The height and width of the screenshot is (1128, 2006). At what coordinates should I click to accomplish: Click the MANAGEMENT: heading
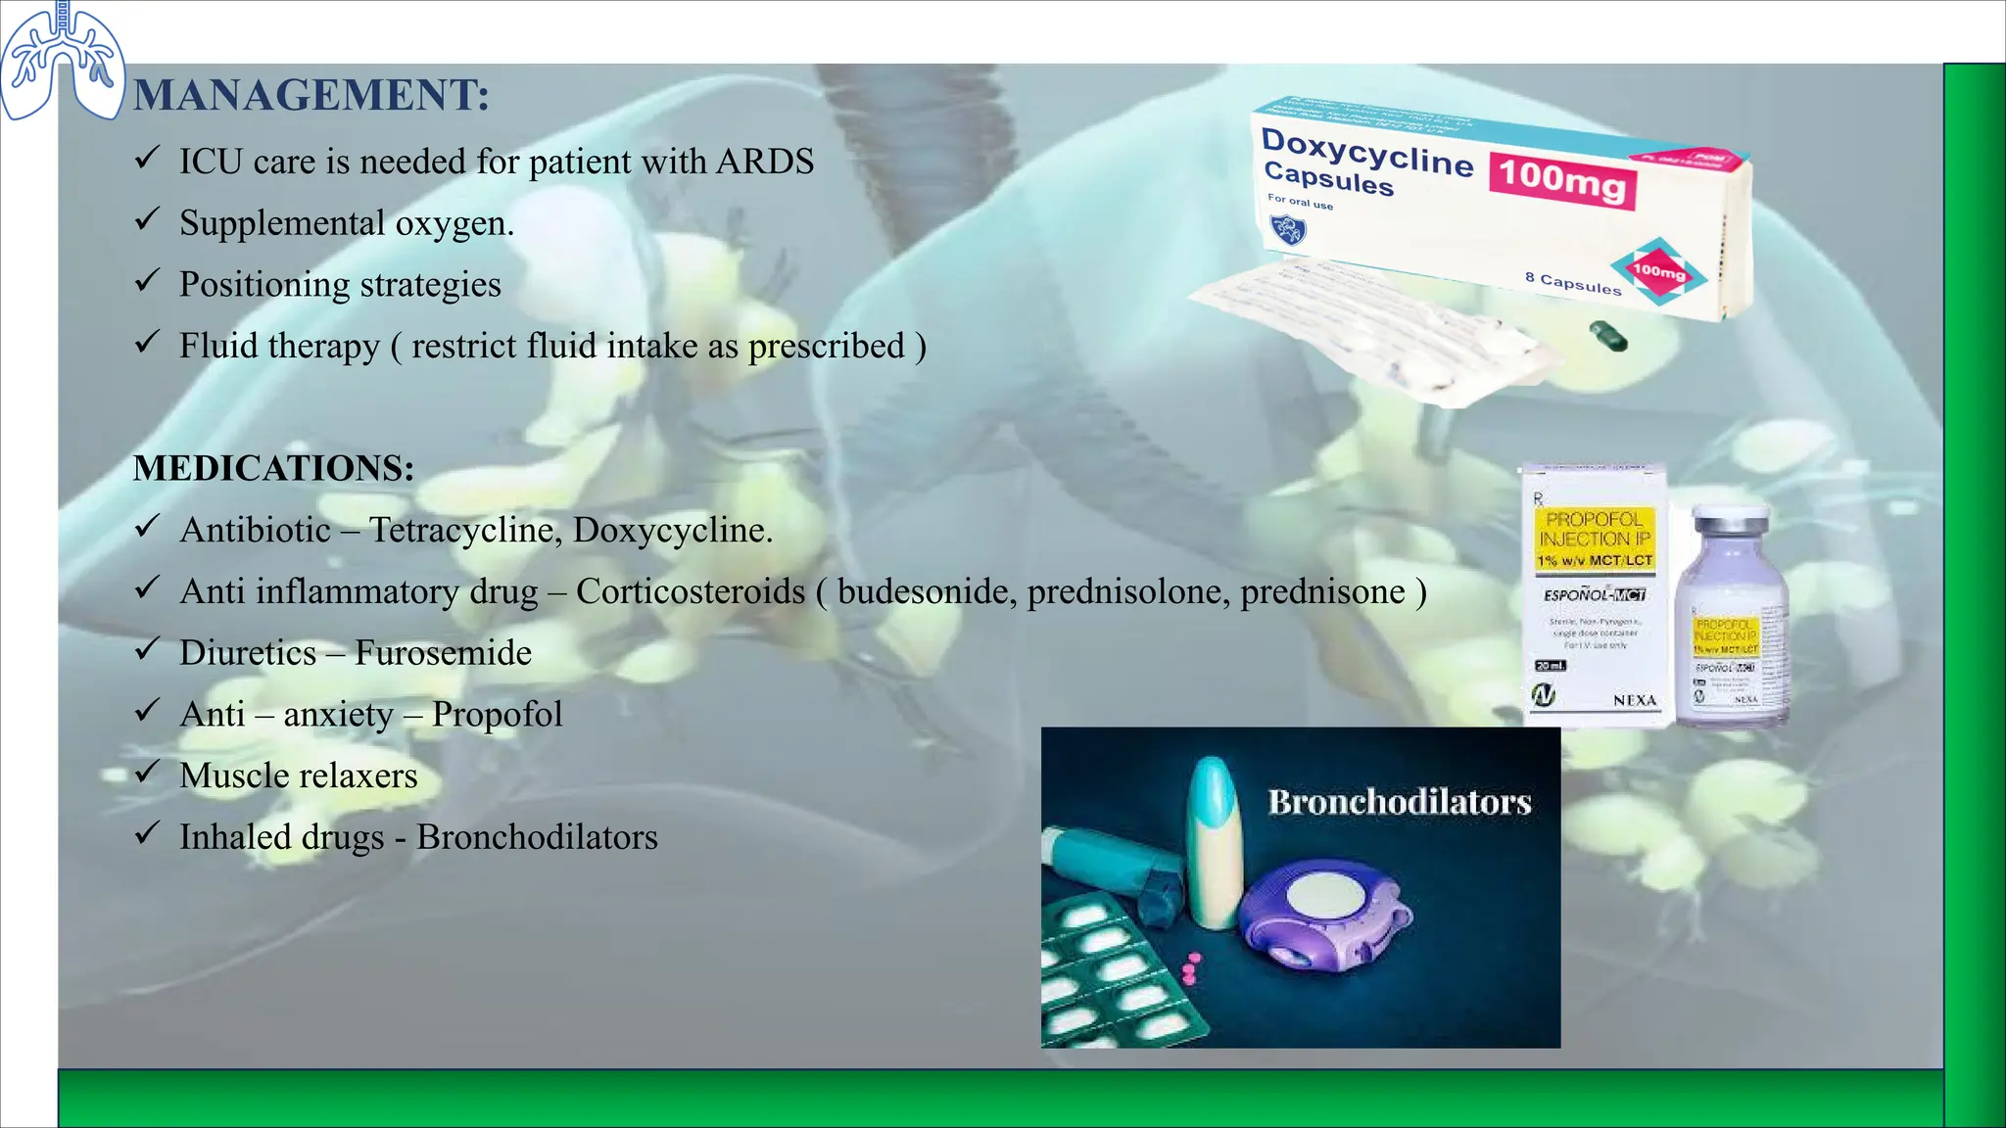(x=310, y=96)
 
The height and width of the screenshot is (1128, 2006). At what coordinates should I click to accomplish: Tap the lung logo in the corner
(x=62, y=61)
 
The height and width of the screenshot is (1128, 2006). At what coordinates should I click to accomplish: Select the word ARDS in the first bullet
(x=764, y=162)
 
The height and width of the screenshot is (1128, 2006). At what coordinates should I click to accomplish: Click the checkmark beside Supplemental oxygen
(x=147, y=219)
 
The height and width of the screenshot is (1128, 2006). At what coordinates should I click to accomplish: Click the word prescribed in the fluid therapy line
(x=826, y=347)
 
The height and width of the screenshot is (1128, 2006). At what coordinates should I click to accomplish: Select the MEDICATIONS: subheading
(x=273, y=468)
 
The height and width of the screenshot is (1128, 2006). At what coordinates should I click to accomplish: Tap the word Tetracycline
(x=464, y=530)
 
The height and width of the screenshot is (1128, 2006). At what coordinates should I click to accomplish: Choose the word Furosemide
(x=443, y=653)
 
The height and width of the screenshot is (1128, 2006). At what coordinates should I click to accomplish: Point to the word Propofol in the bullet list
(x=497, y=715)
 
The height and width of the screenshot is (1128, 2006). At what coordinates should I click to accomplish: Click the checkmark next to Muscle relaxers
(x=147, y=773)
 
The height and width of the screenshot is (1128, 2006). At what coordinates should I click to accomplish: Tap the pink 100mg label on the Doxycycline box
(x=1562, y=178)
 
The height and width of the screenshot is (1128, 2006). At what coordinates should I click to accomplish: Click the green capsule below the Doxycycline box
(x=1607, y=336)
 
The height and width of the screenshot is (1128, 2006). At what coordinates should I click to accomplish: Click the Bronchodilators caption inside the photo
(x=1399, y=803)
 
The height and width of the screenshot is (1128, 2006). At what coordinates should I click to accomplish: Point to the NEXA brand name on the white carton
(x=1634, y=700)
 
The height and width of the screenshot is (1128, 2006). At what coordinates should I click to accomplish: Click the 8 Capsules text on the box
(x=1573, y=283)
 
